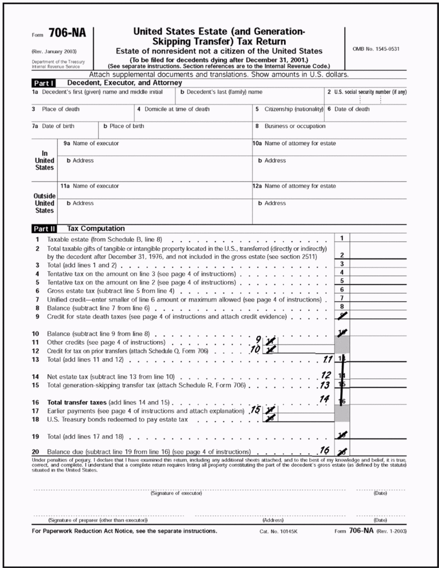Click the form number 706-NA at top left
point(67,33)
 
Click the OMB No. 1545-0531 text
point(376,49)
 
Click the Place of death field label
point(59,109)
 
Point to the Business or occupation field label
point(294,126)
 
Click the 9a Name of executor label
point(91,143)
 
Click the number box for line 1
point(341,238)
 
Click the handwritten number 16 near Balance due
point(324,450)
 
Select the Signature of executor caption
point(176,493)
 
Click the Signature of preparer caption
point(98,520)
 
